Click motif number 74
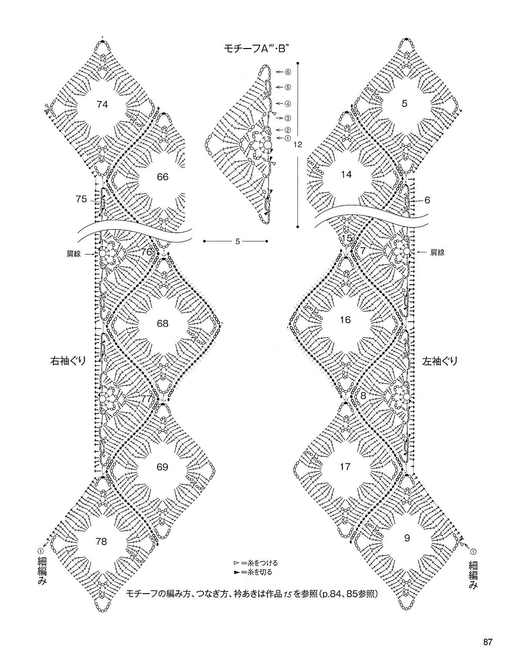[x=103, y=105]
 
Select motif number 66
[x=162, y=177]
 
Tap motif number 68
[x=162, y=323]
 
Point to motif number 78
[x=101, y=542]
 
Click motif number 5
[x=405, y=104]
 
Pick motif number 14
[x=346, y=175]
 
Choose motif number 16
[x=345, y=320]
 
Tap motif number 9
[x=407, y=538]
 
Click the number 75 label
[x=82, y=200]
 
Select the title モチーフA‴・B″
[x=256, y=50]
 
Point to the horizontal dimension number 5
[x=238, y=242]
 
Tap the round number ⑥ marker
[x=287, y=72]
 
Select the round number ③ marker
[x=287, y=118]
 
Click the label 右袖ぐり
[x=68, y=361]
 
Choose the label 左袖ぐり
[x=440, y=361]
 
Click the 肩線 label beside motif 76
[x=73, y=254]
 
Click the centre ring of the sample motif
[x=267, y=145]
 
